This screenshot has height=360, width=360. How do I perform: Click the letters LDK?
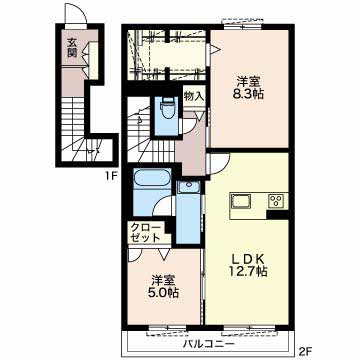(250, 253)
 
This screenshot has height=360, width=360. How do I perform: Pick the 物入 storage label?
(194, 97)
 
